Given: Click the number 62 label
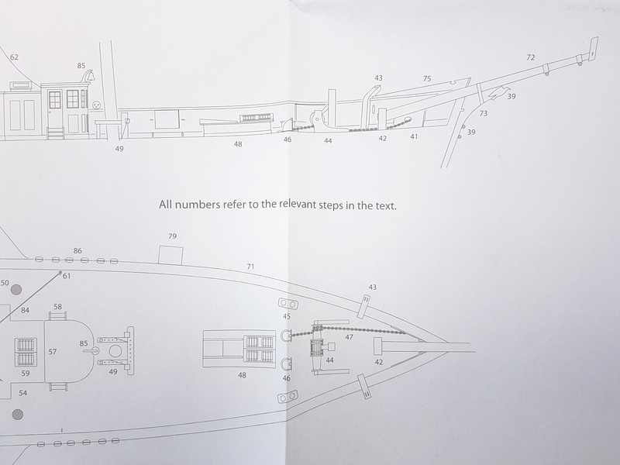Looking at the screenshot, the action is (14, 57).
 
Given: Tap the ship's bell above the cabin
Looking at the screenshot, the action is (89, 75).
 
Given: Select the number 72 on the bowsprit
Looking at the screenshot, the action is (531, 57).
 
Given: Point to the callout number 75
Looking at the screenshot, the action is (427, 79).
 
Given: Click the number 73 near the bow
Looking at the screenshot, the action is (483, 114).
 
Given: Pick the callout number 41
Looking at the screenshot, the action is (414, 137).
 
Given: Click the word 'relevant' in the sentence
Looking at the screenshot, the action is (297, 205).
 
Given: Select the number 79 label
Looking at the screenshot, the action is (172, 236).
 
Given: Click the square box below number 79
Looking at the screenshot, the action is (170, 255).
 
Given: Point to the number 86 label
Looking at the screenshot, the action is (77, 250).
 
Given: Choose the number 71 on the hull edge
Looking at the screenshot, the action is (250, 267).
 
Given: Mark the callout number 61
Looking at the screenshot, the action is (67, 276).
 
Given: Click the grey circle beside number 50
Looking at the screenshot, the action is (16, 289).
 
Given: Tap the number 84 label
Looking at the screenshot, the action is (25, 311).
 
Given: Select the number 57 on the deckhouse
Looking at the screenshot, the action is (53, 352).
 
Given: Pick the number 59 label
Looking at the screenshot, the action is (26, 374).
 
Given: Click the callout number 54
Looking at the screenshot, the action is (23, 393).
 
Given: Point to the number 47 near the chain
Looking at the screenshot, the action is (349, 337).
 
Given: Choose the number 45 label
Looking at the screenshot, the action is (287, 316).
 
